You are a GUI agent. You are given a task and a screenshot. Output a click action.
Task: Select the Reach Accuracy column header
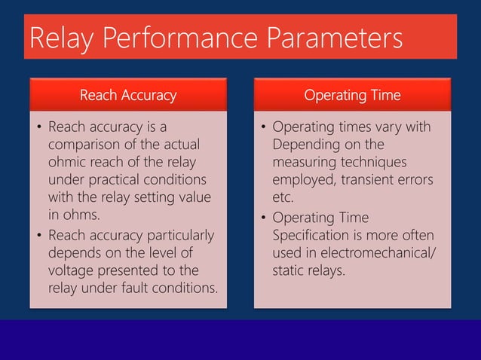(127, 95)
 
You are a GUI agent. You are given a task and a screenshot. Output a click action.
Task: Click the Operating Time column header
(352, 95)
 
